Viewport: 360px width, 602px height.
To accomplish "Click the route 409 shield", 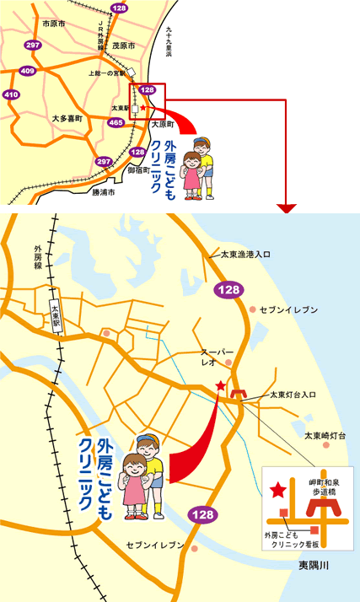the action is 27,71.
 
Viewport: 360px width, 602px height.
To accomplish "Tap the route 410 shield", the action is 11,95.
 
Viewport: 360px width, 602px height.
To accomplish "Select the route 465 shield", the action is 116,123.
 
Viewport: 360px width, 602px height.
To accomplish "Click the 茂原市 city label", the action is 122,46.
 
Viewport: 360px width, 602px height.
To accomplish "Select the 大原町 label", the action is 161,123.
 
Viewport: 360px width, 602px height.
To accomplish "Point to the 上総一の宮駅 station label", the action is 107,73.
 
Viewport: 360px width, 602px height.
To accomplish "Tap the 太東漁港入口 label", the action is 244,253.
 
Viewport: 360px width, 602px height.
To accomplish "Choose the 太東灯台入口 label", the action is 293,395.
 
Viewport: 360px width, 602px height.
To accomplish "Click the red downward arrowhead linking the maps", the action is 288,207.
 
